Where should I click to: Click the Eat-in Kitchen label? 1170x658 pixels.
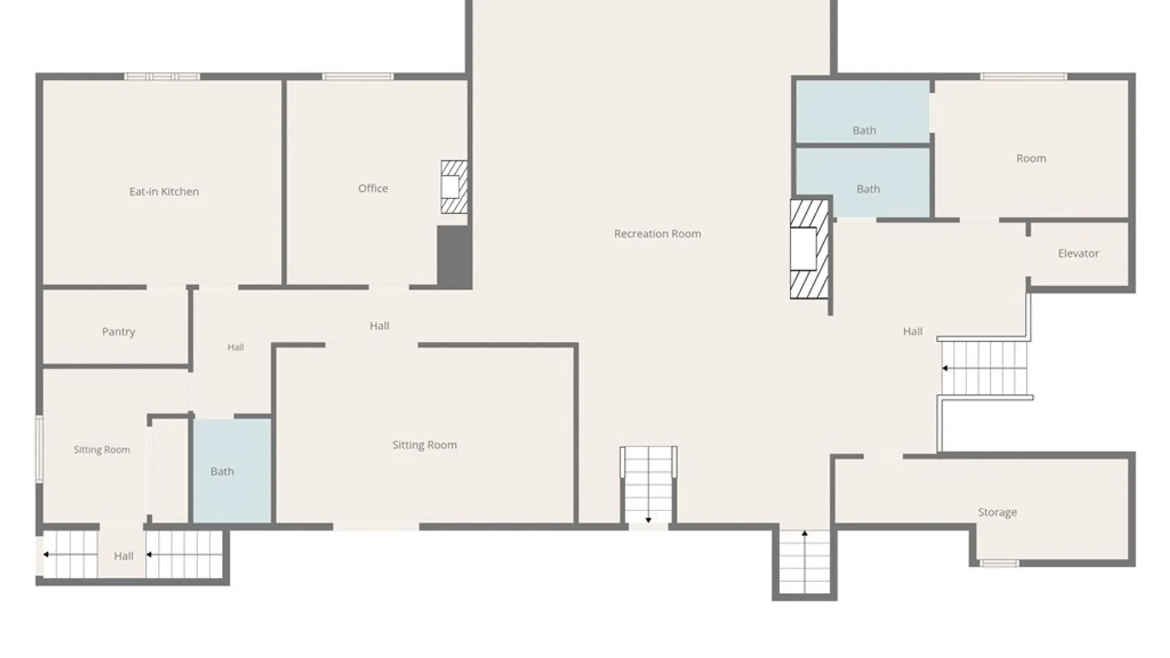164,191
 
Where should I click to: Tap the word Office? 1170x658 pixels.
373,188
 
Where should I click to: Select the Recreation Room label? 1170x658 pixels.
658,233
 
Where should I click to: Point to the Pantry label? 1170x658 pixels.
118,331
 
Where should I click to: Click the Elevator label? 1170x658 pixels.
1078,253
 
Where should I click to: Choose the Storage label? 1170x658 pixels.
997,512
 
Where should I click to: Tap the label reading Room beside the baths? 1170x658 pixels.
1031,158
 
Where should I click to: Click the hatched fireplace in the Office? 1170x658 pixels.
454,186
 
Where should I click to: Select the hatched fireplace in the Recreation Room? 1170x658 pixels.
809,249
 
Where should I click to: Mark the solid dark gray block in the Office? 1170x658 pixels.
454,256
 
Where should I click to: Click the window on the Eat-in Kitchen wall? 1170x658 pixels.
162,77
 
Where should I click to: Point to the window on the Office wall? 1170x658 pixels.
358,77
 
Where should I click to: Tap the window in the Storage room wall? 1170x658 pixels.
999,564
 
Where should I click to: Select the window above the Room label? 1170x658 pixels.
1024,77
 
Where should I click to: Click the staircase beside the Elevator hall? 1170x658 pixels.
984,367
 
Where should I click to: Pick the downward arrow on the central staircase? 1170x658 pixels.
648,520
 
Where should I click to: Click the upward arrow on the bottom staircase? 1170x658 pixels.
804,534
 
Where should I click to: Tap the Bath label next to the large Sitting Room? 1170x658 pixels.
222,472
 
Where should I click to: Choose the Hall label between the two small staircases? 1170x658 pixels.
124,556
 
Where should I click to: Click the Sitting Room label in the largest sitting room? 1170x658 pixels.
425,445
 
